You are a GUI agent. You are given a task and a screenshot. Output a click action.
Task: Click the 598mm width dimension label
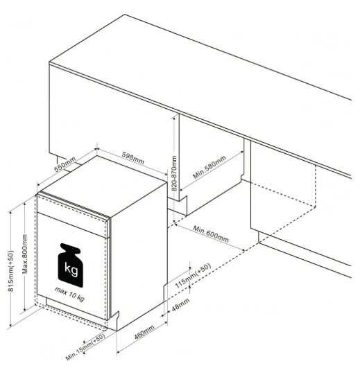click(x=133, y=158)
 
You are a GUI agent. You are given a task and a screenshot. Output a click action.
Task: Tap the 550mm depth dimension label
click(x=65, y=164)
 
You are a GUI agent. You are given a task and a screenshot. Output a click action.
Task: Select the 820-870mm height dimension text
click(x=174, y=173)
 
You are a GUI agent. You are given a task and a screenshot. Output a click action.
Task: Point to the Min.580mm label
click(x=209, y=167)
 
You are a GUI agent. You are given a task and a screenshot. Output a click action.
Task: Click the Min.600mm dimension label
click(x=211, y=234)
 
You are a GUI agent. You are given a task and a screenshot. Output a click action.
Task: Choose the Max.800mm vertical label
click(x=25, y=254)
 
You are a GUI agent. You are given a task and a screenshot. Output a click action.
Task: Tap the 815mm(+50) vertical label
click(x=11, y=271)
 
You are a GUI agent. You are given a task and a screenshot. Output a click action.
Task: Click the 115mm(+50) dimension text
click(x=193, y=276)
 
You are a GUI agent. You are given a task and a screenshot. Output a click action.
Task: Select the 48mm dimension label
click(x=180, y=305)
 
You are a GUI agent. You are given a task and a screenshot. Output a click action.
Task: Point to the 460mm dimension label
click(x=144, y=332)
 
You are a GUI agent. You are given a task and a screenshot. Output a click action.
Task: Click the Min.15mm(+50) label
click(x=85, y=347)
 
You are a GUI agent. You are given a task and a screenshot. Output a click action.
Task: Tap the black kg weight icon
click(x=71, y=265)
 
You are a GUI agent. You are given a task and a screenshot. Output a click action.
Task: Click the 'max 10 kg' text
click(x=69, y=294)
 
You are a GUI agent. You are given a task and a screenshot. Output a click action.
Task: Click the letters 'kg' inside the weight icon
click(x=71, y=270)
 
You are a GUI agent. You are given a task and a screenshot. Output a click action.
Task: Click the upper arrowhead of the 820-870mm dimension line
click(x=174, y=118)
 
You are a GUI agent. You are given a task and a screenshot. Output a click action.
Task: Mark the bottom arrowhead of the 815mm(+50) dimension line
click(x=10, y=325)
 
